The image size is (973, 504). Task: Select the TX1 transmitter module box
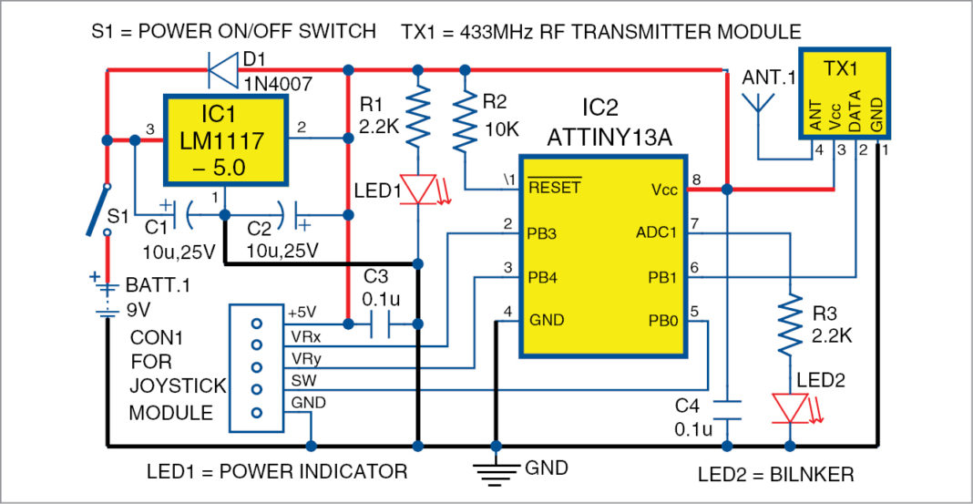845,93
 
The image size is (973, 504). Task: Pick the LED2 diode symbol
790,406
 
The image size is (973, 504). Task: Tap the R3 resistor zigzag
790,324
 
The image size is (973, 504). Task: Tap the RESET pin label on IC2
554,190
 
